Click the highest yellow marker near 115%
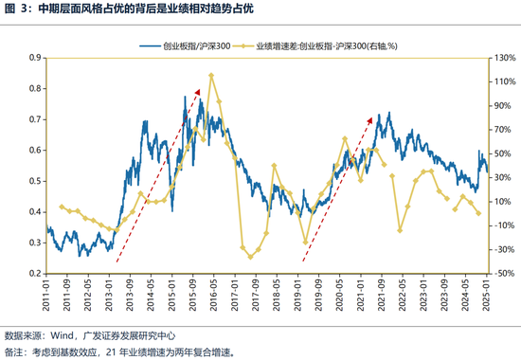click(x=210, y=76)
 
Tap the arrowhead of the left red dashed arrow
click(x=199, y=90)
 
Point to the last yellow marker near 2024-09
click(x=478, y=213)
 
